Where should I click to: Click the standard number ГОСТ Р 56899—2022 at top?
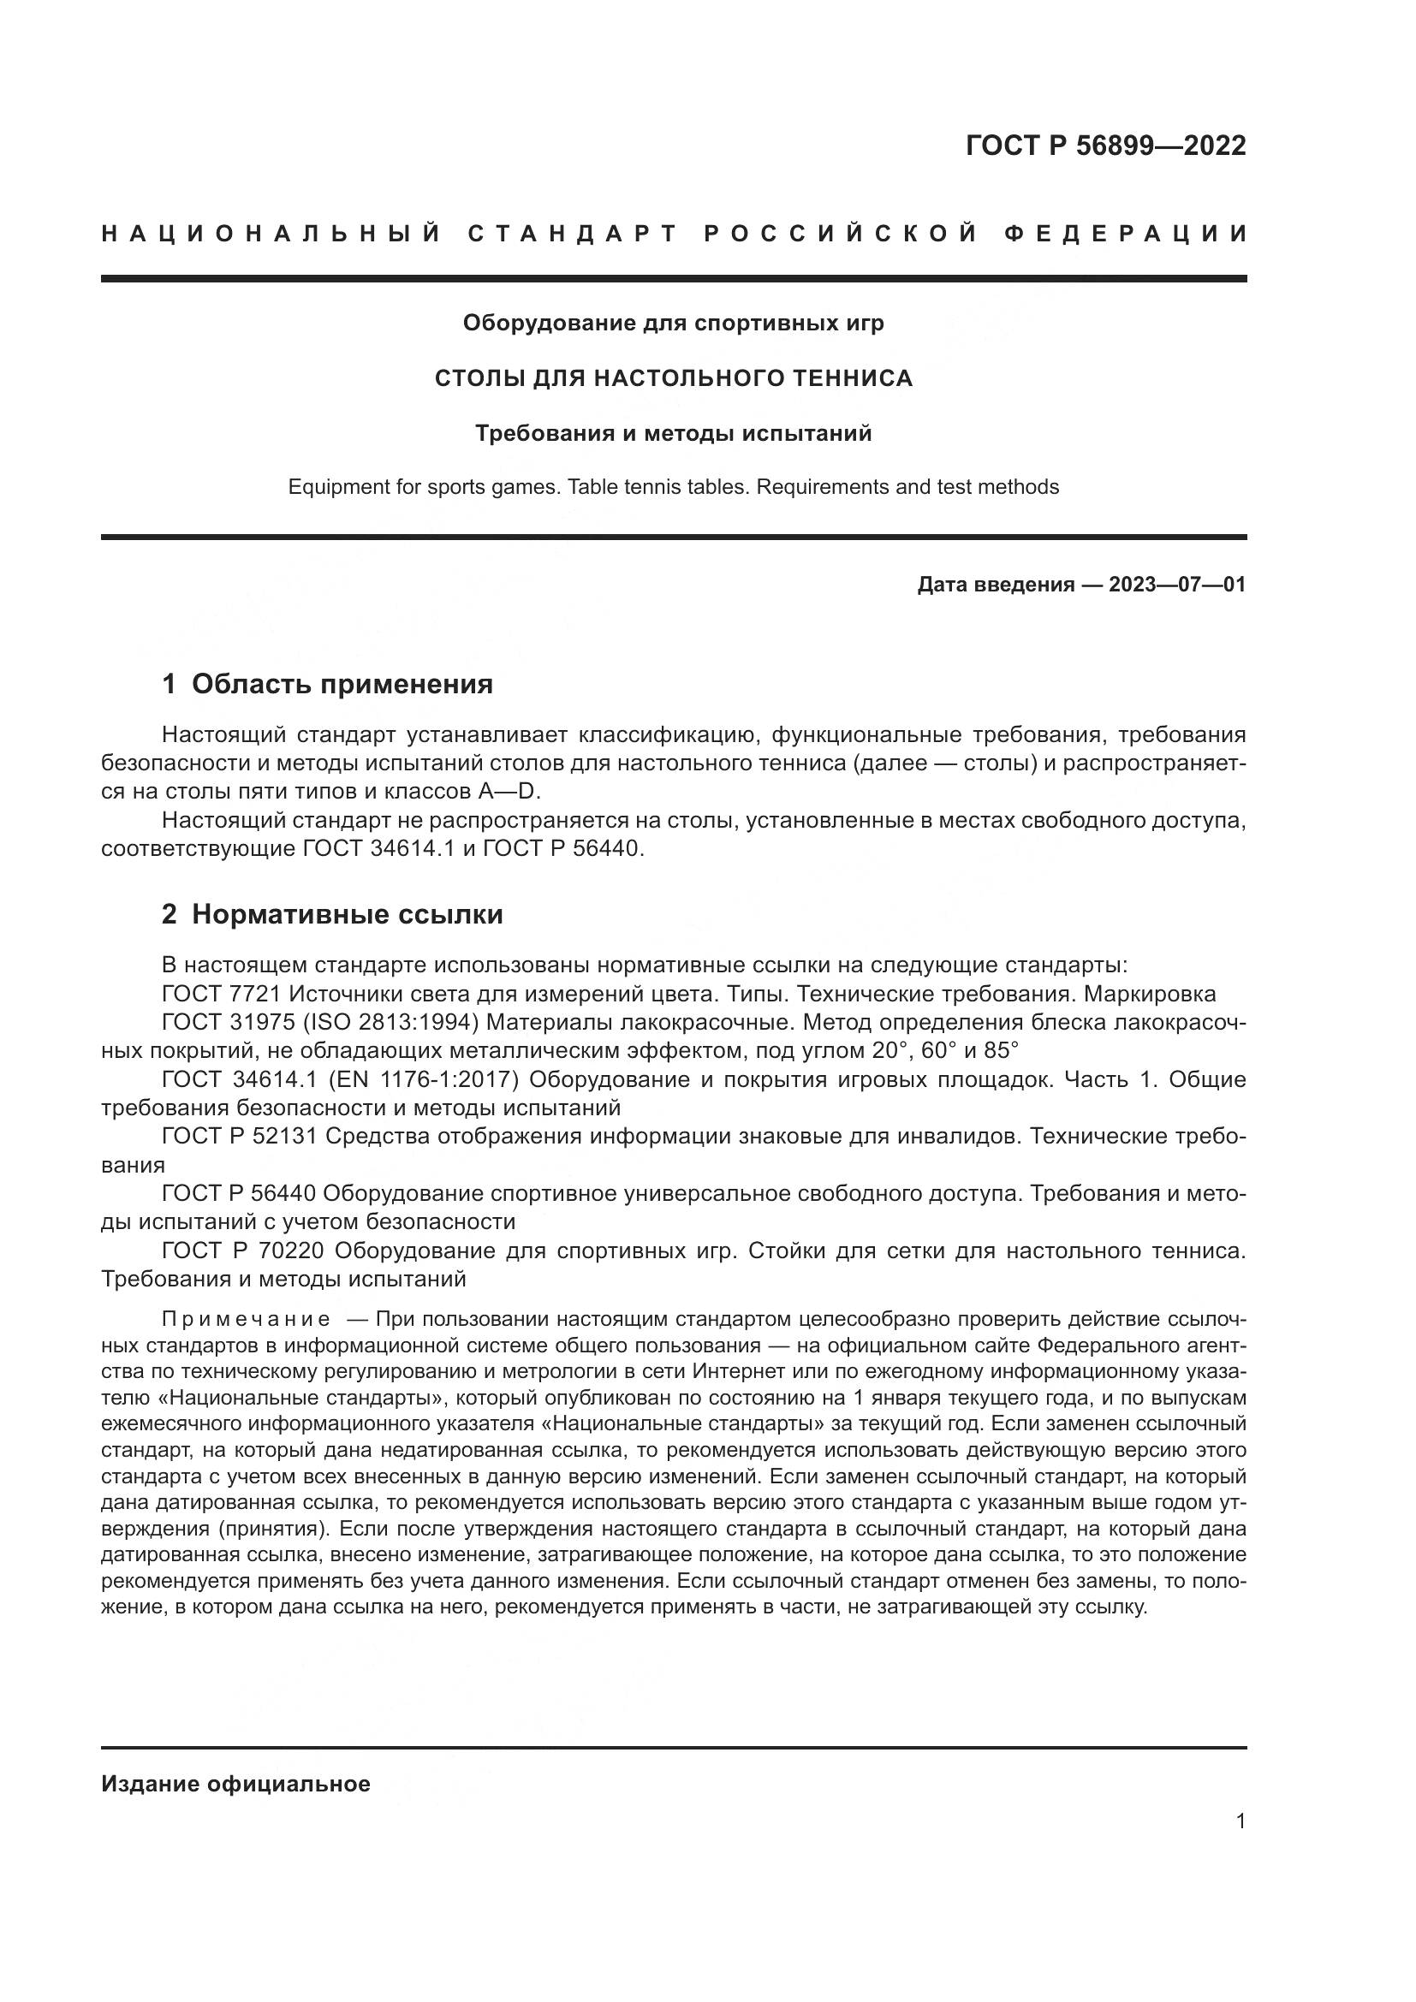tap(1105, 146)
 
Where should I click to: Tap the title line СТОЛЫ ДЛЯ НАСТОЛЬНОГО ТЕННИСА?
tap(673, 378)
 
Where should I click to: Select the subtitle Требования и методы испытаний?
tap(673, 433)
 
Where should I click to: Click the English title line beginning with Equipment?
tap(673, 487)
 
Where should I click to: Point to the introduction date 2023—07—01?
tap(1177, 585)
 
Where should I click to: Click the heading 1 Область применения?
tap(328, 685)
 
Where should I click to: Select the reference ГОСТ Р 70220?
tap(242, 1251)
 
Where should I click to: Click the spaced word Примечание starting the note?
tap(246, 1318)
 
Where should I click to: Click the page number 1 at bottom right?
tap(1240, 1821)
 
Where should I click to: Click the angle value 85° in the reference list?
tap(1001, 1051)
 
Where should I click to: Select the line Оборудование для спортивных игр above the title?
tap(673, 324)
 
